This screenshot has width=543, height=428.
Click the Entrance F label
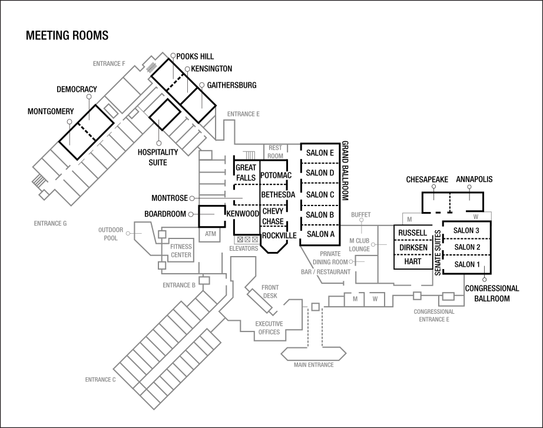[109, 63]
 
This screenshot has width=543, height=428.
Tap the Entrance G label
[50, 224]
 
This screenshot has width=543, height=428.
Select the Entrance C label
[100, 380]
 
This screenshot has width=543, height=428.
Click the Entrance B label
[179, 286]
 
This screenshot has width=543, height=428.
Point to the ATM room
[210, 234]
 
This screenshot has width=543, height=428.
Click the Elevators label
[244, 248]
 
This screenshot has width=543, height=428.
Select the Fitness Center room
[181, 251]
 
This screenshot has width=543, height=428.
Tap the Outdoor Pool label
[111, 234]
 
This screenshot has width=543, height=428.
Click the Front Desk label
[270, 292]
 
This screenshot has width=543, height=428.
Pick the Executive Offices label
[269, 328]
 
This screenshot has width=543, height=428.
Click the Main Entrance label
[314, 365]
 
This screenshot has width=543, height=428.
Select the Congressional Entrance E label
[434, 316]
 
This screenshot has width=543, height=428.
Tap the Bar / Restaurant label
[326, 272]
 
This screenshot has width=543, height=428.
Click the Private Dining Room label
[330, 257]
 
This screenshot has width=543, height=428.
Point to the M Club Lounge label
[359, 245]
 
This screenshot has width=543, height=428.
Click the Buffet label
[361, 215]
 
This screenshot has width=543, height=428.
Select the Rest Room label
[275, 152]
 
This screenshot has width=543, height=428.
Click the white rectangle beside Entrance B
[204, 280]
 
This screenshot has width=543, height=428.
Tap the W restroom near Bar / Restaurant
[375, 299]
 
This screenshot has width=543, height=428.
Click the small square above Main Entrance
[315, 307]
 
